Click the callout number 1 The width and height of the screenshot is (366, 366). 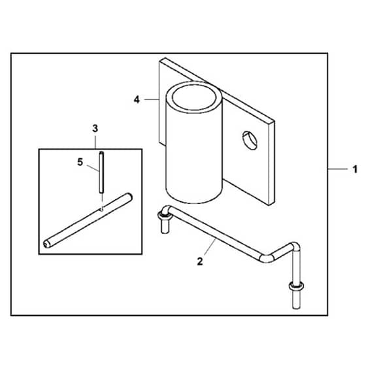click(354, 169)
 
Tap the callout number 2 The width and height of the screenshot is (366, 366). click(200, 261)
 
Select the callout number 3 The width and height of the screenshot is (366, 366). click(95, 128)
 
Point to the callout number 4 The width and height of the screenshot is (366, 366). click(137, 99)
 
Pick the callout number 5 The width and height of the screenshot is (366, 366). click(80, 162)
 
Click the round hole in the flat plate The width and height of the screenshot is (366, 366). click(250, 141)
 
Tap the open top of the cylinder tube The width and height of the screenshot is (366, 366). click(194, 97)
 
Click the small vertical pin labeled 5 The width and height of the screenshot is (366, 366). click(101, 172)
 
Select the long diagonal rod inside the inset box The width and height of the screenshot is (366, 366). click(88, 220)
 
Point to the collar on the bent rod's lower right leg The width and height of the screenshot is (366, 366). click(296, 285)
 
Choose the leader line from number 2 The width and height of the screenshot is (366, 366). click(210, 248)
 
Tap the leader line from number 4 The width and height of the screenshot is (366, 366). click(152, 99)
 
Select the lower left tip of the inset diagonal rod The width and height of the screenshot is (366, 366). click(46, 244)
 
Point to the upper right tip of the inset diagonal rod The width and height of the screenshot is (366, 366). click(129, 197)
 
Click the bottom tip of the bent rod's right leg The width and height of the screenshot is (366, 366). click(296, 308)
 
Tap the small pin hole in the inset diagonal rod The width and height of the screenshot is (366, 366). click(101, 209)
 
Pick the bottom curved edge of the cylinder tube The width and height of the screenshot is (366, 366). click(193, 199)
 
